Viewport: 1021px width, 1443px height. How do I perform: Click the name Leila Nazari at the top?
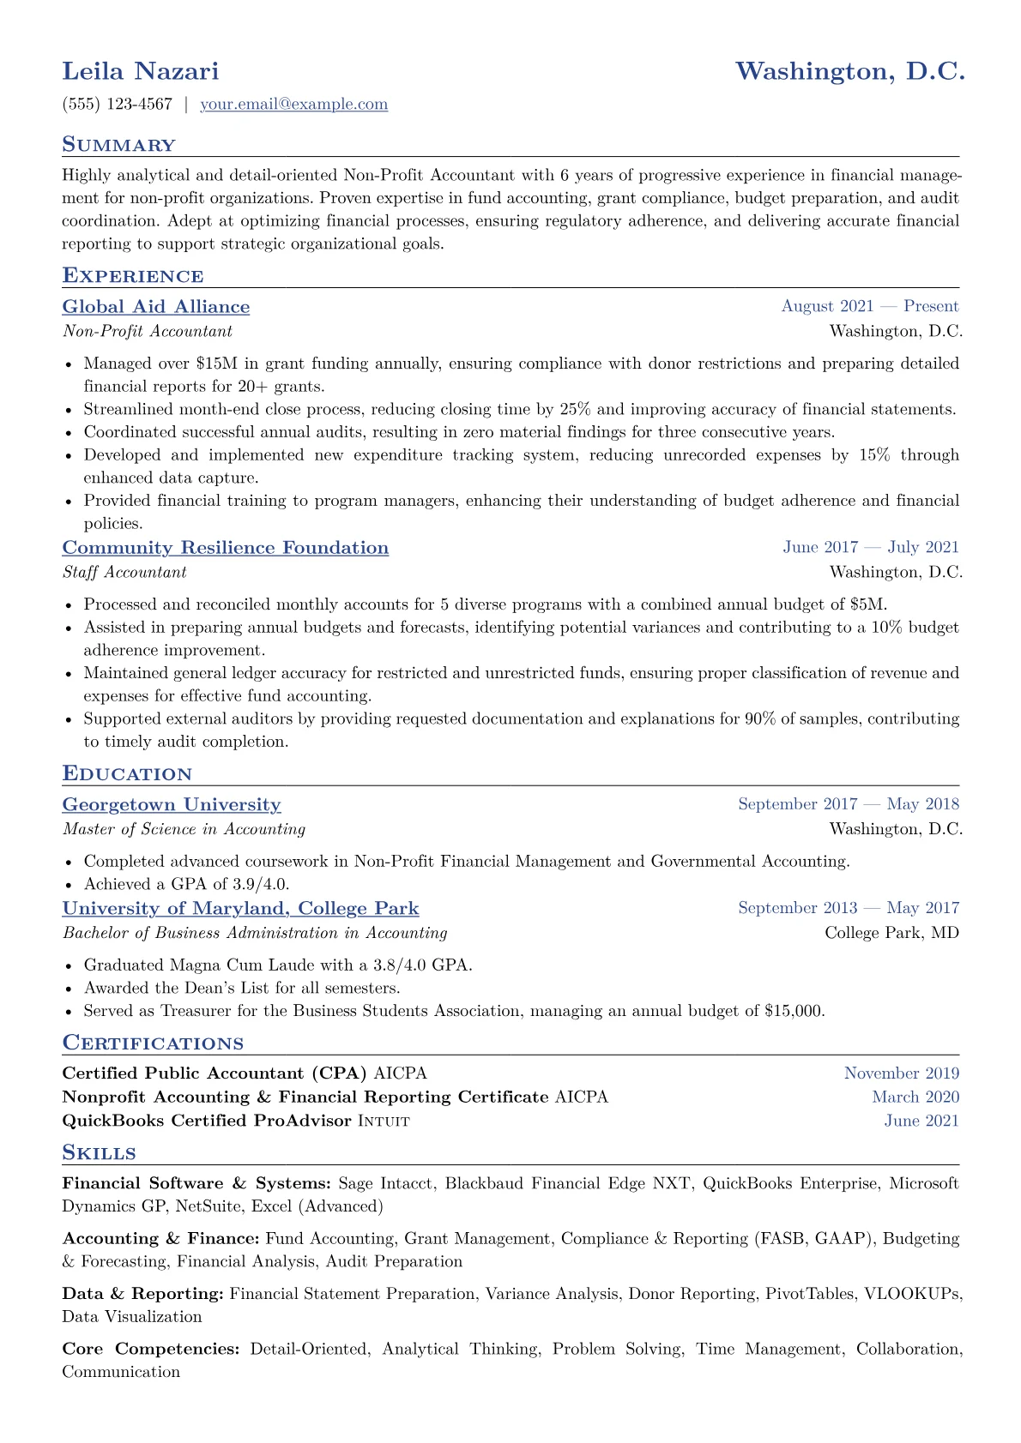141,71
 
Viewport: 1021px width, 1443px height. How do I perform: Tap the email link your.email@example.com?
293,105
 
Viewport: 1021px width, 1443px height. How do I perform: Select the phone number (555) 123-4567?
118,105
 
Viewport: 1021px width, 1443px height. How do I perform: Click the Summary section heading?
118,145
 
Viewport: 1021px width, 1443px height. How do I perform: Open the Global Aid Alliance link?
156,307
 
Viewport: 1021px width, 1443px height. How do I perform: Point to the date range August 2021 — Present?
869,307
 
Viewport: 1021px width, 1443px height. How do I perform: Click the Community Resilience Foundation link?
226,548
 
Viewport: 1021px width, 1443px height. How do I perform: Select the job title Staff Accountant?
124,572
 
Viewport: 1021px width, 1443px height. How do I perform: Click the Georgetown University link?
172,805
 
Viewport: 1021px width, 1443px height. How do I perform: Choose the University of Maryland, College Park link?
241,909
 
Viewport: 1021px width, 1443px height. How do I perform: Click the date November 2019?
901,1073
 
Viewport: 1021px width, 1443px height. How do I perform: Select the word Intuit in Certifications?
383,1121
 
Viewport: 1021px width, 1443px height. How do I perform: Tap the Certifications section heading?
153,1043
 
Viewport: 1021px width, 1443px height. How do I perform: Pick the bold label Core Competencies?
151,1349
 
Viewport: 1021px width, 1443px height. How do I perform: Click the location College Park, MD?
891,933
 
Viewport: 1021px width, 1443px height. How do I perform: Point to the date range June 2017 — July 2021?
870,548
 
